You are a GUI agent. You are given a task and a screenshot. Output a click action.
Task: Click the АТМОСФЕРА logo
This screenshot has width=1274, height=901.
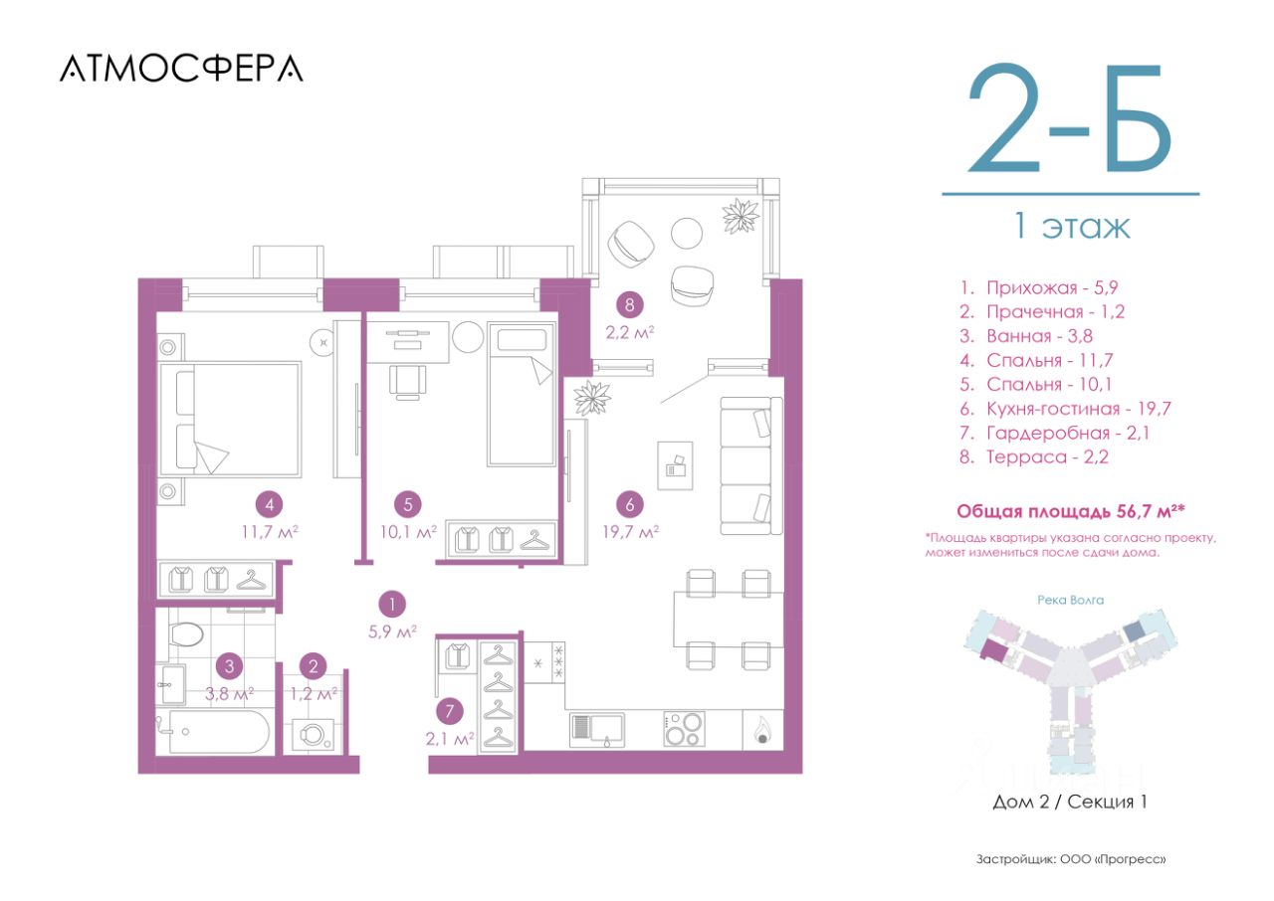pos(181,69)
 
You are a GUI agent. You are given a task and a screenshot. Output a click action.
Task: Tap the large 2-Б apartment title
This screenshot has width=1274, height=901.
pos(1070,118)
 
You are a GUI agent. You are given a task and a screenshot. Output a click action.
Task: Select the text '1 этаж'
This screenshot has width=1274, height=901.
pos(1072,227)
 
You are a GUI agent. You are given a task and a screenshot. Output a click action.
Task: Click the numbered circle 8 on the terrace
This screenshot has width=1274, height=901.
pos(629,305)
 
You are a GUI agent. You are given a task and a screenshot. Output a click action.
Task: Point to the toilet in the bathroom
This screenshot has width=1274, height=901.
pos(186,633)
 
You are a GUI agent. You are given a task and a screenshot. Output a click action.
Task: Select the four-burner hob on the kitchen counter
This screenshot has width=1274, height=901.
pos(684,729)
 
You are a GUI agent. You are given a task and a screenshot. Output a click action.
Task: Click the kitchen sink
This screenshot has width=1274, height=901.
pos(597,729)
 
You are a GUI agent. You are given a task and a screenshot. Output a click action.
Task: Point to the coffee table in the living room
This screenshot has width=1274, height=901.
pos(675,465)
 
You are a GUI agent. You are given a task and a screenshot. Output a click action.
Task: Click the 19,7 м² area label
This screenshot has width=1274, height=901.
pos(631,532)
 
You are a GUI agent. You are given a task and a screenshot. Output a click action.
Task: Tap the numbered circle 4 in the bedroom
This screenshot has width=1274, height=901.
pos(270,504)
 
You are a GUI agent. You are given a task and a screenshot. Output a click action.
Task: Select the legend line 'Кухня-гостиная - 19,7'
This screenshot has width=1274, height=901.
pos(1065,409)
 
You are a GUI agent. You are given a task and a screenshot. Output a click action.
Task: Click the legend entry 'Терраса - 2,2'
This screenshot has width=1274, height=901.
pos(1034,457)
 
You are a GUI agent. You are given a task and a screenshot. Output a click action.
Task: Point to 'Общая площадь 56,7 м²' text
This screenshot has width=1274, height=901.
pos(1070,511)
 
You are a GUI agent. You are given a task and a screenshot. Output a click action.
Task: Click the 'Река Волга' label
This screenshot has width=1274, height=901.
pos(1070,600)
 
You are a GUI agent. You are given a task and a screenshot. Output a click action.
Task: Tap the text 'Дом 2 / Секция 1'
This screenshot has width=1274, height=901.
pos(1070,802)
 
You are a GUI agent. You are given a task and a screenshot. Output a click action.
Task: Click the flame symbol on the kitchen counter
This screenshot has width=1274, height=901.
pos(761,729)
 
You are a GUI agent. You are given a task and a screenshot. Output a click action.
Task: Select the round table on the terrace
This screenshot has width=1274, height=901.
pos(687,233)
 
